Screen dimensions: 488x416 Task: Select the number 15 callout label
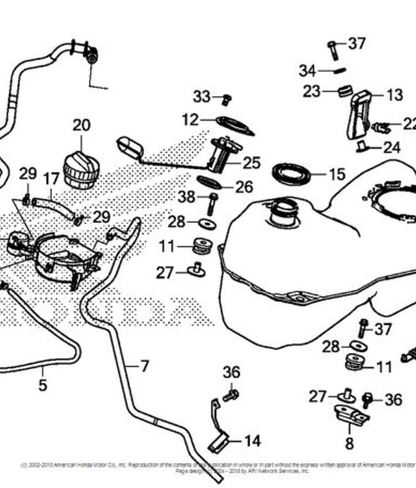click(336, 174)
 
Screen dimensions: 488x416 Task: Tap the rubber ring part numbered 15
click(291, 173)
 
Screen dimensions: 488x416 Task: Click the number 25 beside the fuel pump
click(251, 163)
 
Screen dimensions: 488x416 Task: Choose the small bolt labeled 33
click(227, 99)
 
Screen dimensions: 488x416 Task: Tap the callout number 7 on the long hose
click(144, 366)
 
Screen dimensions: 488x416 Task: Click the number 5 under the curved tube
click(43, 385)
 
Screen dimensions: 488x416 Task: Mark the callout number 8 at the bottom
click(349, 444)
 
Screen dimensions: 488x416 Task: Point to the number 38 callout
click(187, 197)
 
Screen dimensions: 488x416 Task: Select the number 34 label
click(307, 71)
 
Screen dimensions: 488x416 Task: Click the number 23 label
click(311, 91)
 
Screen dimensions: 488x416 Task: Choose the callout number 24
click(392, 148)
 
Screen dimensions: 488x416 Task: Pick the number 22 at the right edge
click(409, 124)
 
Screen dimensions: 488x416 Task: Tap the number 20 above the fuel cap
click(81, 125)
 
